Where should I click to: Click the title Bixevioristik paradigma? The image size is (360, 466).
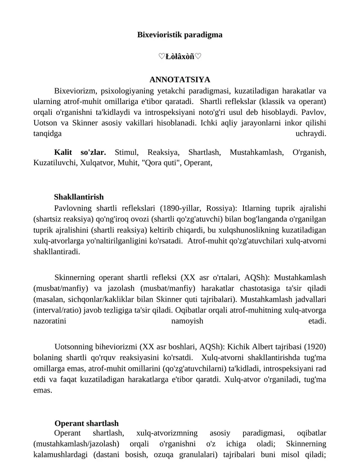[180, 35]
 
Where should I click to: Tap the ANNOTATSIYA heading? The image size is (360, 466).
[180, 80]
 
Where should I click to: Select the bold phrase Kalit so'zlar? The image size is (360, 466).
[80, 152]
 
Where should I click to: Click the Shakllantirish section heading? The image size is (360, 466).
[79, 197]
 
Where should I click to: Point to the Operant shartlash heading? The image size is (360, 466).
[86, 423]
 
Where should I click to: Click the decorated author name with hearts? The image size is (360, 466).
[180, 57]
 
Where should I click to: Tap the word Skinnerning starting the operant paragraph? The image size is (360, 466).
[74, 277]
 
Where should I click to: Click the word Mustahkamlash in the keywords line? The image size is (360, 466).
[256, 152]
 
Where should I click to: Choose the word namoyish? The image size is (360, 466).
[187, 321]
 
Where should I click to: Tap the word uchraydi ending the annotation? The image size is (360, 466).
[310, 133]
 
